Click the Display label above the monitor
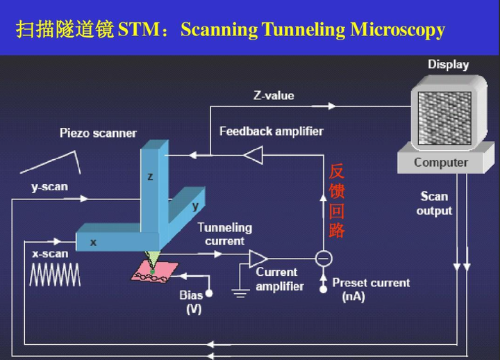click(x=448, y=65)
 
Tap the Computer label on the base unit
click(x=441, y=163)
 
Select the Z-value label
click(x=273, y=95)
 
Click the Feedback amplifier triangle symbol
click(x=253, y=155)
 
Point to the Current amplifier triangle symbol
click(x=258, y=259)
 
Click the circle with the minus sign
click(x=324, y=259)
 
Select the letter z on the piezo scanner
click(x=150, y=177)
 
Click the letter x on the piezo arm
click(x=93, y=243)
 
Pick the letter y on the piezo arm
click(x=195, y=206)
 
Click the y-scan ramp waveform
click(x=50, y=161)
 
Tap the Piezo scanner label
click(x=98, y=133)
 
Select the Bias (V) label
click(x=192, y=302)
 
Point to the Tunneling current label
click(x=224, y=234)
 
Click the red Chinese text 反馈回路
click(x=337, y=201)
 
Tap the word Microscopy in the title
click(x=397, y=30)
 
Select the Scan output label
click(x=434, y=203)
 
